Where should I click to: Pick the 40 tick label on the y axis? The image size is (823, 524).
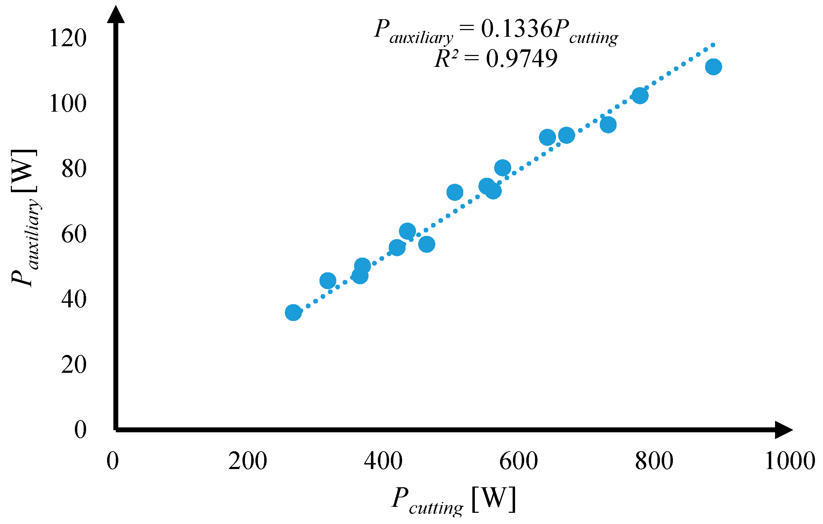(74, 299)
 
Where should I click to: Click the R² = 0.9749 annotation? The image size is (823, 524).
(496, 58)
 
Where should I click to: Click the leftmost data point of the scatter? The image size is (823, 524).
(293, 312)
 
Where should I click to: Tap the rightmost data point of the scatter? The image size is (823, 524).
(713, 67)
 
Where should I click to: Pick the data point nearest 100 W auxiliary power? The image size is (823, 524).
(640, 96)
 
